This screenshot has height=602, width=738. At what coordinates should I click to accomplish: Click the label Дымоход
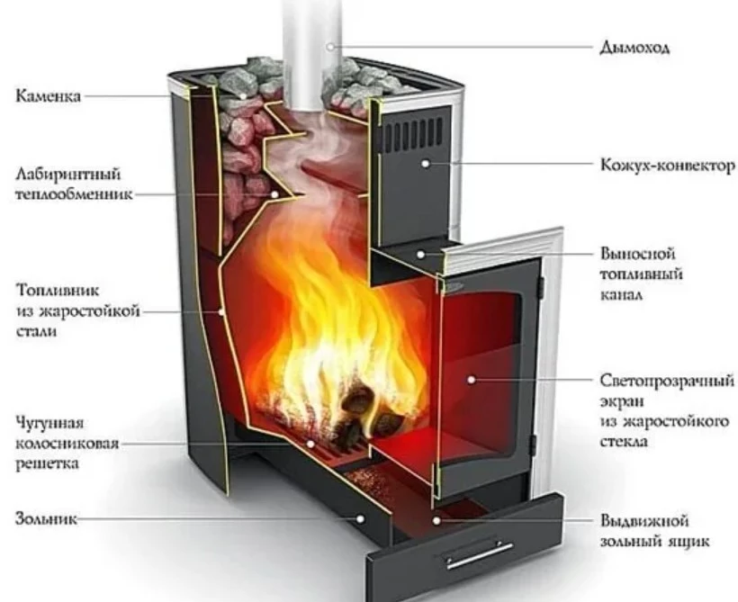tap(634, 48)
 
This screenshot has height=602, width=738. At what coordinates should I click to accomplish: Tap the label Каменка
tap(48, 94)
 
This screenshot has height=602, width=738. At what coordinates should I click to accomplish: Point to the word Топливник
tap(56, 291)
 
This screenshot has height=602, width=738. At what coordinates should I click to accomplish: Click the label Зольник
tap(46, 519)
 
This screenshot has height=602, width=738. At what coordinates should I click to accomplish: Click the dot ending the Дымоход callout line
tap(330, 45)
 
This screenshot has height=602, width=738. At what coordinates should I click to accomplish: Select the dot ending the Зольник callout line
tap(362, 519)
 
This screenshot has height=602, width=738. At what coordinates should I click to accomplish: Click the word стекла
tap(624, 442)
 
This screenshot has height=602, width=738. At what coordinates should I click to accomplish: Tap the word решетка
tap(49, 463)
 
